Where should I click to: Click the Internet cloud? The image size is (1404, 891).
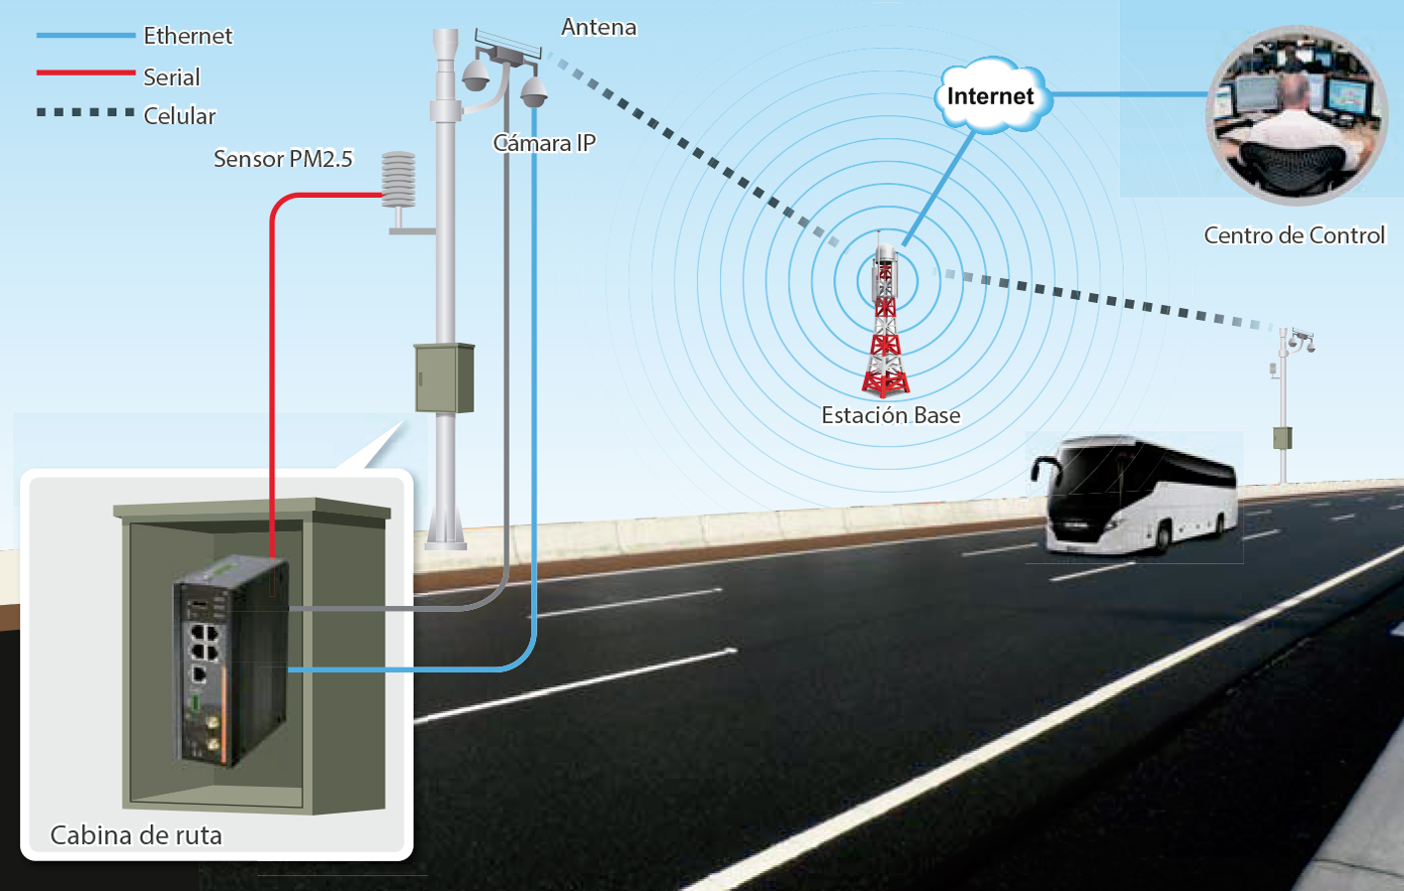pyautogui.click(x=990, y=96)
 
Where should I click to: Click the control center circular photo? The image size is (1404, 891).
pyautogui.click(x=1296, y=114)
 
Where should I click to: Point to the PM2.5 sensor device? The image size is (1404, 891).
pyautogui.click(x=399, y=181)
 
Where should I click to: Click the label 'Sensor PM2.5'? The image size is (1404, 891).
pyautogui.click(x=283, y=159)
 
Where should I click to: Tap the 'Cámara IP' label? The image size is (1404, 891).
pyautogui.click(x=544, y=143)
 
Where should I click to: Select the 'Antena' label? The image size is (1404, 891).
pyautogui.click(x=599, y=28)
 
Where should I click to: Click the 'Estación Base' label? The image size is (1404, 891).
pyautogui.click(x=891, y=415)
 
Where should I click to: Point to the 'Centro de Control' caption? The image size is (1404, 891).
pyautogui.click(x=1294, y=235)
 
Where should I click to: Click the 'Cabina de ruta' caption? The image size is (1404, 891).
pyautogui.click(x=136, y=835)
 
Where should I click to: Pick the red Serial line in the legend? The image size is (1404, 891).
pyautogui.click(x=85, y=73)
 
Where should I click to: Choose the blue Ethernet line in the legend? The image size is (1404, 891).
pyautogui.click(x=85, y=35)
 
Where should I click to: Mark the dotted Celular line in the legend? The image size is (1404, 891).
pyautogui.click(x=85, y=112)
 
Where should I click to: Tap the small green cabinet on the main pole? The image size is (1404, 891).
pyautogui.click(x=444, y=377)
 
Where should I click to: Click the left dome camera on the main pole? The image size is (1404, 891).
pyautogui.click(x=476, y=74)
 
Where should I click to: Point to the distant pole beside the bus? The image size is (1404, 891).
pyautogui.click(x=1283, y=407)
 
